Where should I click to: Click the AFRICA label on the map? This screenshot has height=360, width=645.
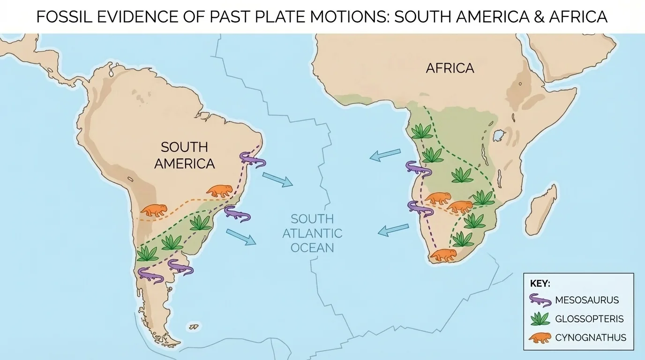tap(450, 68)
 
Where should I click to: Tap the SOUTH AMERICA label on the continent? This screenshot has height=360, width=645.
tap(184, 155)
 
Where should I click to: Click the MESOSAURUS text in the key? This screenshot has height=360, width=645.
tap(586, 300)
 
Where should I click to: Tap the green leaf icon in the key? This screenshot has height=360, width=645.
tap(540, 319)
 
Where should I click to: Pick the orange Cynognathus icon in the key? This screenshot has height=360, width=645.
tap(540, 337)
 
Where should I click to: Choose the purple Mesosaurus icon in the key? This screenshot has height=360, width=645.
tap(540, 300)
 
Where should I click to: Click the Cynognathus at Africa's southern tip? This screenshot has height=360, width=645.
tap(443, 255)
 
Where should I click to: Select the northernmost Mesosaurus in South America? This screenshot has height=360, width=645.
tap(252, 159)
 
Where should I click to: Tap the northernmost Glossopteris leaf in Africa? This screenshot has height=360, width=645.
tap(422, 131)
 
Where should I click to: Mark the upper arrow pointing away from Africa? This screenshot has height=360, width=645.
tap(385, 155)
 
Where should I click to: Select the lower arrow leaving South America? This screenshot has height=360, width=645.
tap(241, 237)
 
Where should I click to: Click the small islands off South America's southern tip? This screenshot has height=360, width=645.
tap(192, 326)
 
